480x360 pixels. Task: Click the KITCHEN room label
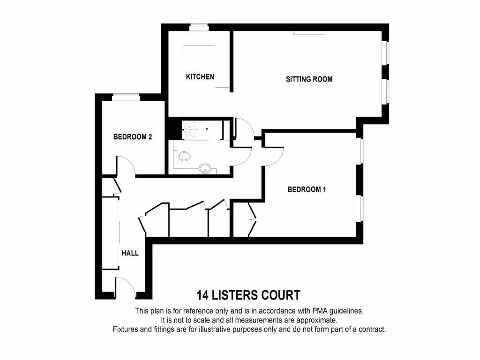(200, 77)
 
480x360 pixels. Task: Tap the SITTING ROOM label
(309, 79)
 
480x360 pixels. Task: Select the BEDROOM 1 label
(307, 190)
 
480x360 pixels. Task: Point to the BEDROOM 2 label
(133, 137)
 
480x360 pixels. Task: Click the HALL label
(130, 253)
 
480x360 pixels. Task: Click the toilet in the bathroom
(183, 156)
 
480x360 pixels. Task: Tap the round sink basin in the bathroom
(205, 168)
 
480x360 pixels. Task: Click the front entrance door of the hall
(125, 287)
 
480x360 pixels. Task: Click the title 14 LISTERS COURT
(248, 295)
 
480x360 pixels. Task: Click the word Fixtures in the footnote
(127, 330)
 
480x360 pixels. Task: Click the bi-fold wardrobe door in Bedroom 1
(252, 218)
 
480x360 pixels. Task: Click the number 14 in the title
(202, 295)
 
